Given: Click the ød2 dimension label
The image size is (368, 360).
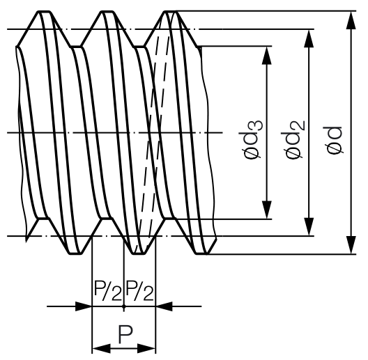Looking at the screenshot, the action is click(295, 140).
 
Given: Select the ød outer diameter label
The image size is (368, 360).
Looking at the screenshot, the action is click(333, 140).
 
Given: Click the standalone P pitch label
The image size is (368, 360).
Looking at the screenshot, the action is click(125, 334).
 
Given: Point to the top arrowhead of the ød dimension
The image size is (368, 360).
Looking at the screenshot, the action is click(351, 20).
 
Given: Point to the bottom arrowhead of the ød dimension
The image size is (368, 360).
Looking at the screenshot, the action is click(351, 245).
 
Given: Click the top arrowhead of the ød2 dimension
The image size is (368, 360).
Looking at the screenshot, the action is click(309, 39).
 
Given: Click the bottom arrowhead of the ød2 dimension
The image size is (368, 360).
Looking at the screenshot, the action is click(309, 226).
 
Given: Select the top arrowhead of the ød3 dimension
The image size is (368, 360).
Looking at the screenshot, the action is click(267, 56).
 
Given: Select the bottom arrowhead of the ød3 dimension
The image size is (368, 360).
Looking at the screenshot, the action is click(267, 210).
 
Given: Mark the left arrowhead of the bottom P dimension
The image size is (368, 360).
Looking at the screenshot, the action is click(101, 348).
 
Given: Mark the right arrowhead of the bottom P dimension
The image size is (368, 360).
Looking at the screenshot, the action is click(146, 348).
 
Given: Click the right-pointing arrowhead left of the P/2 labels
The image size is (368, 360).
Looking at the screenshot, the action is click(84, 306).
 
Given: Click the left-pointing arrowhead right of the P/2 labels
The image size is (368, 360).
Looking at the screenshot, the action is click(164, 306).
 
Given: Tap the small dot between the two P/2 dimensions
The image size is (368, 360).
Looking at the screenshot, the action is click(124, 306).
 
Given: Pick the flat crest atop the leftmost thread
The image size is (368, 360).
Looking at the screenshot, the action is click(44, 11).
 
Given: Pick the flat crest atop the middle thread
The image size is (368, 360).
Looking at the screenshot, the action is click(108, 11).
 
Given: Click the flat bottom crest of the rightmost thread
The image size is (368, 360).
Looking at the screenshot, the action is click(201, 253).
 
